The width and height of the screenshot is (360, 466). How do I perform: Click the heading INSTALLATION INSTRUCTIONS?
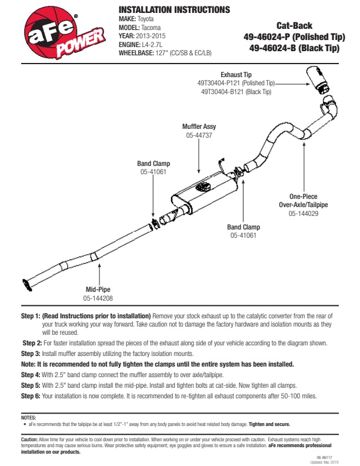point(174,10)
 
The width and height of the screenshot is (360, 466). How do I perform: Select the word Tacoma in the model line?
point(150,27)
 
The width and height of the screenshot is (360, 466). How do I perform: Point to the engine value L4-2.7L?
point(155,44)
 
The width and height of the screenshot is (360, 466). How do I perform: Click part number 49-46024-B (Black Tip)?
point(294,48)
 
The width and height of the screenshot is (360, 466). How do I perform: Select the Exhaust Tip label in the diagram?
point(236,75)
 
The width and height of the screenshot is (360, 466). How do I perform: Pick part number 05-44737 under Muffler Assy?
point(199,135)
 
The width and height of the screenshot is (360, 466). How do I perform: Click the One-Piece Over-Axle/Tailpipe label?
point(303,201)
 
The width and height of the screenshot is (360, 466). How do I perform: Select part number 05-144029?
point(303,214)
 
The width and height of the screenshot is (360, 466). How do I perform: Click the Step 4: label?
point(31,375)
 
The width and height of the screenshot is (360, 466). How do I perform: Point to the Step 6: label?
point(31,396)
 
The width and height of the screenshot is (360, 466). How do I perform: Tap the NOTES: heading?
point(28,418)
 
